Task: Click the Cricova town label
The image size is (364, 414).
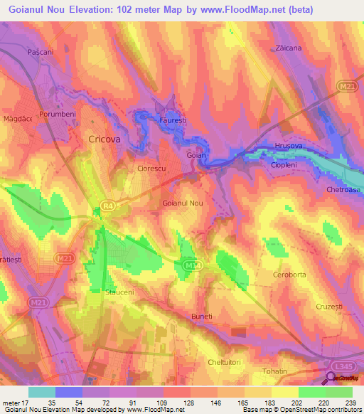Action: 104,140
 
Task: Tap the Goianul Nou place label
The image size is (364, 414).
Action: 183,203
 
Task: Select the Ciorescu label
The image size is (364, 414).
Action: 151,169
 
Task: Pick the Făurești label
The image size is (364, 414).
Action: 172,122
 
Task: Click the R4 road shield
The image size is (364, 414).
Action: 106,206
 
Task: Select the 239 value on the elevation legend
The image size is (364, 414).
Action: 353,403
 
